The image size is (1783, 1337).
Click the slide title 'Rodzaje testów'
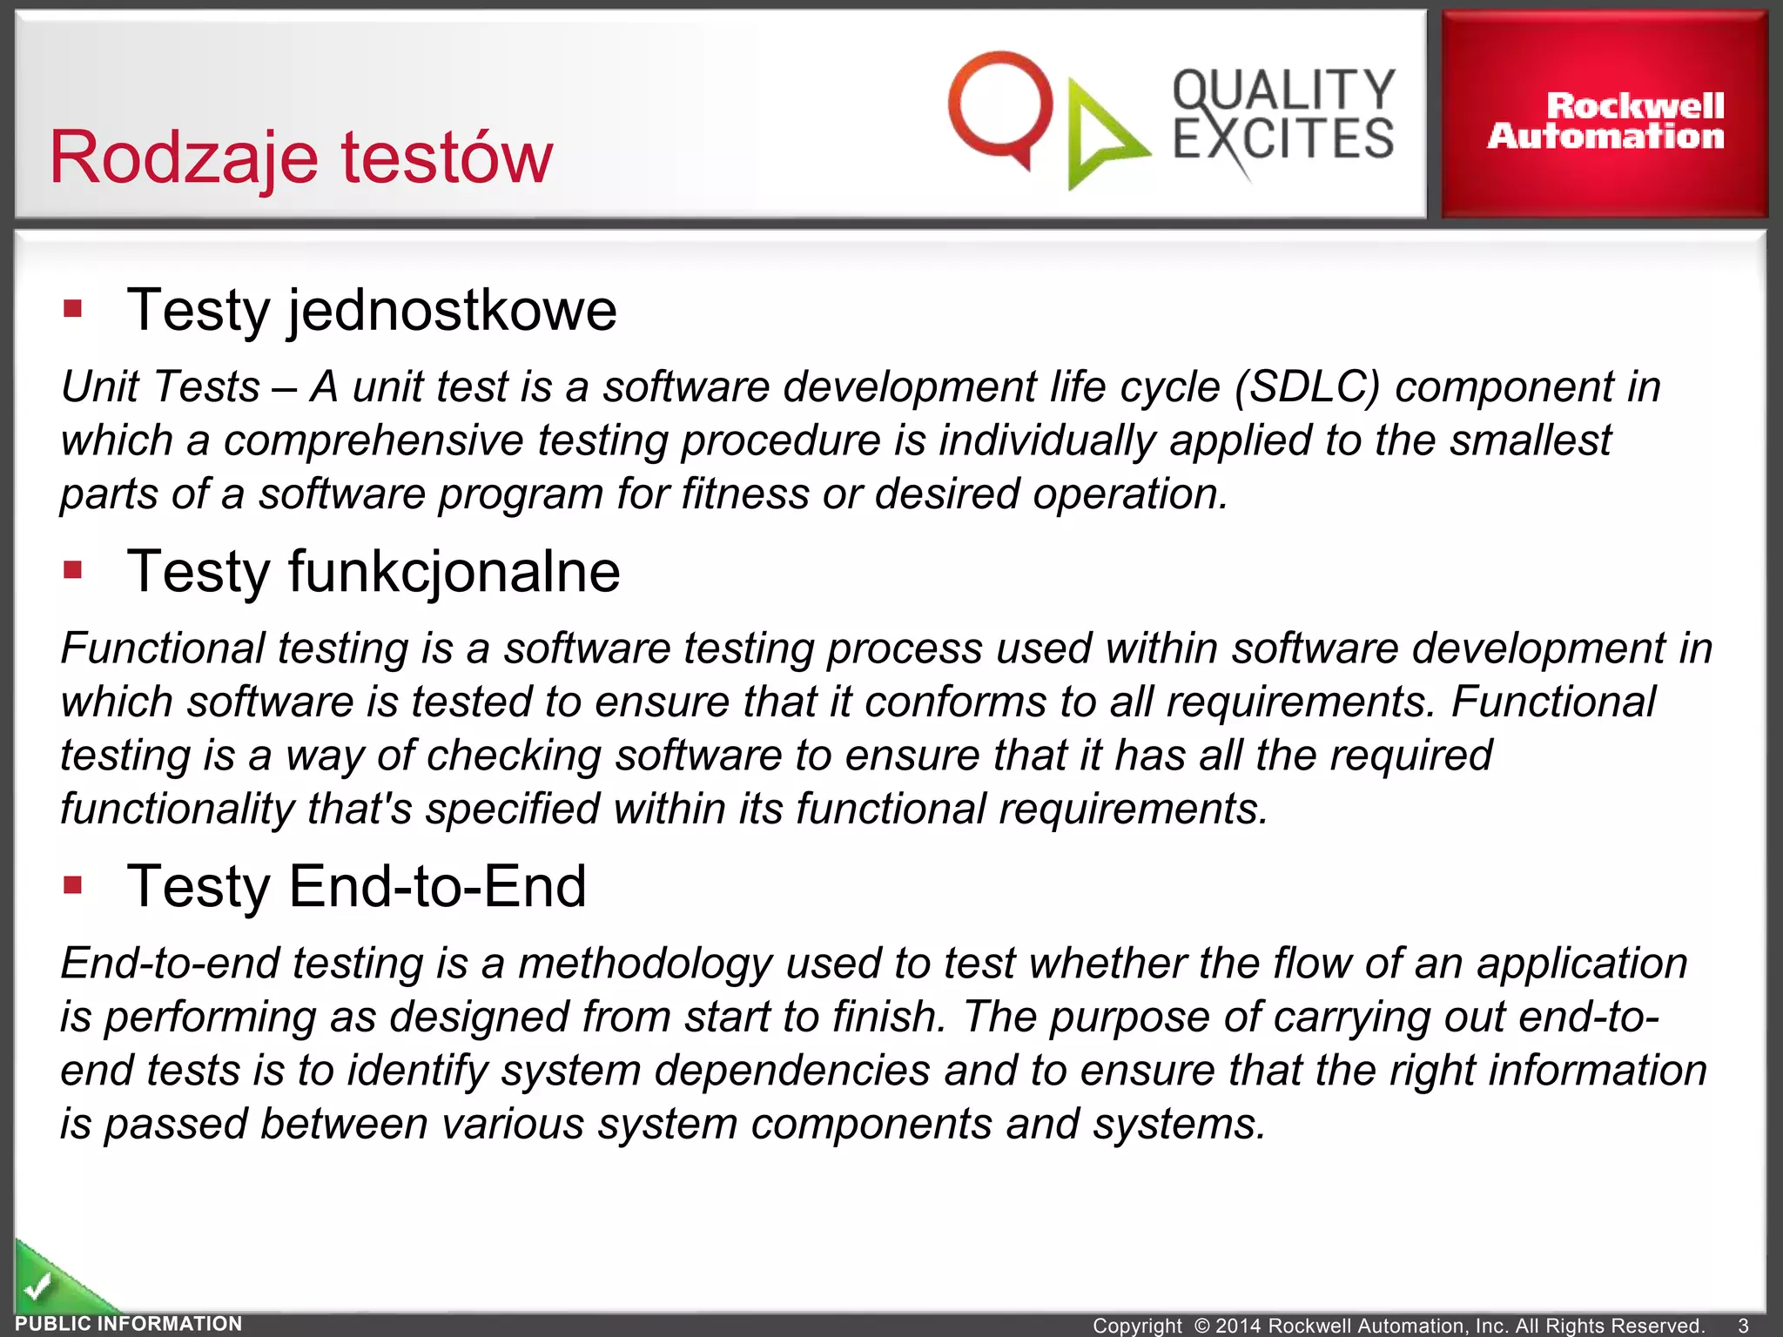(x=300, y=157)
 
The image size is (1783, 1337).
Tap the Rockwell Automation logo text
(x=1606, y=121)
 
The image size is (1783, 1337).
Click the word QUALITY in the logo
(x=1283, y=90)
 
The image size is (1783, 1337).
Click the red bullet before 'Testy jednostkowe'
(x=73, y=309)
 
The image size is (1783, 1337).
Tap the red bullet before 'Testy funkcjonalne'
(x=73, y=571)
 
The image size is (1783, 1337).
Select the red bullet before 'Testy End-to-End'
(x=73, y=886)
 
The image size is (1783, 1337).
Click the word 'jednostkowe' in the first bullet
(x=452, y=311)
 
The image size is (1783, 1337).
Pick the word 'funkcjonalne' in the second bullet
(x=454, y=572)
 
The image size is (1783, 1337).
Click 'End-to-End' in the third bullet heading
(x=437, y=887)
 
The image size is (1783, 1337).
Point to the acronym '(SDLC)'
(x=1307, y=386)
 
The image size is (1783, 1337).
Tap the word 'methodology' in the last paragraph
(x=645, y=964)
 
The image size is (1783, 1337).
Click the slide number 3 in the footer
(x=1743, y=1325)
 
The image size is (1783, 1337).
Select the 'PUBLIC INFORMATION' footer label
(x=129, y=1324)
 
